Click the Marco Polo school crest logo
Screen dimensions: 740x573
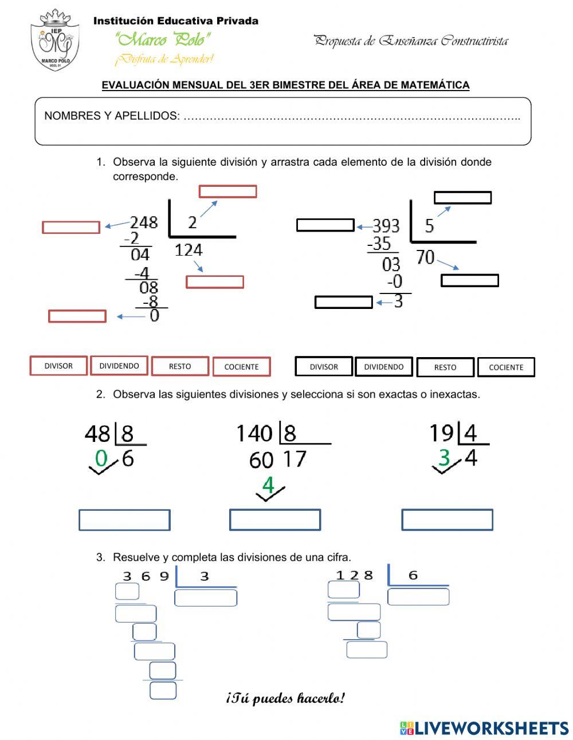(54, 40)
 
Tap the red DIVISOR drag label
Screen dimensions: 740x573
(58, 366)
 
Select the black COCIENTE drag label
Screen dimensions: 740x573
(506, 367)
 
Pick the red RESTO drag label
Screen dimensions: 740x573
(180, 366)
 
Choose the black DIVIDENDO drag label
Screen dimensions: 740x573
(384, 367)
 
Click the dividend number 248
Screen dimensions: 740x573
(143, 222)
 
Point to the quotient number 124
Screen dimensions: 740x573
(189, 250)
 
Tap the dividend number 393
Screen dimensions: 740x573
(386, 225)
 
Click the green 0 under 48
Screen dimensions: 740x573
(101, 459)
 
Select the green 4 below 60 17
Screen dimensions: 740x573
(268, 485)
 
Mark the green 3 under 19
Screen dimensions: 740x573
(444, 458)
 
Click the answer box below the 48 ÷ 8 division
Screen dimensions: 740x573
(124, 520)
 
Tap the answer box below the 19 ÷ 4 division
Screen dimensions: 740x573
(447, 520)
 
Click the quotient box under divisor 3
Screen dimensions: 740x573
(206, 598)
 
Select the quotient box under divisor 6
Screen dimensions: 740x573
(418, 597)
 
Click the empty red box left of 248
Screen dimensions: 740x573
(71, 228)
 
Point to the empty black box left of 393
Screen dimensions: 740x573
(325, 225)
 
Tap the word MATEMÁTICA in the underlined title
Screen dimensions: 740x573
(435, 85)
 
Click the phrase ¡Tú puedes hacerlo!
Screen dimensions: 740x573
(286, 698)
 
